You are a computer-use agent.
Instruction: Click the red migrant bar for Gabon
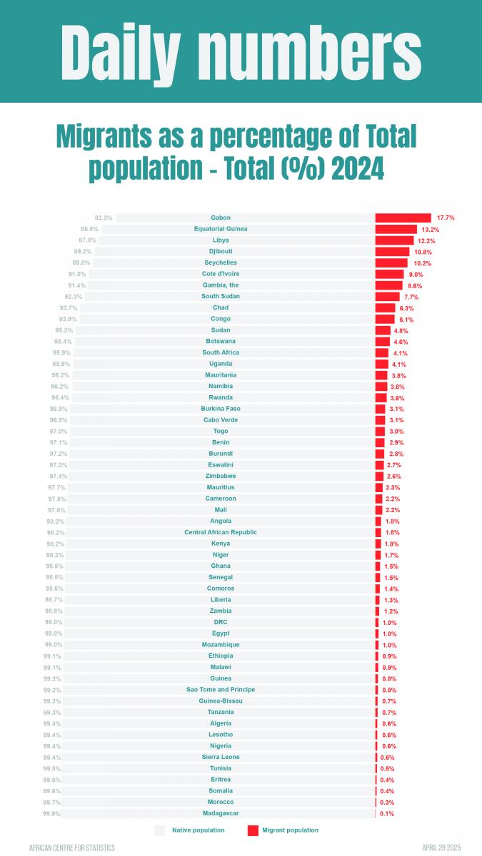(x=403, y=218)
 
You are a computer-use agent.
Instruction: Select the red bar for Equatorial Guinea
(x=396, y=229)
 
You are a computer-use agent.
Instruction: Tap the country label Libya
(x=221, y=240)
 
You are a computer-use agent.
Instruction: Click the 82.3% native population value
(x=104, y=218)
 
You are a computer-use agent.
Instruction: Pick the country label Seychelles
(x=221, y=263)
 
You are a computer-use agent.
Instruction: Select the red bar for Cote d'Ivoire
(x=389, y=274)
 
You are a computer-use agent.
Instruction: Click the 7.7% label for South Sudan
(x=411, y=297)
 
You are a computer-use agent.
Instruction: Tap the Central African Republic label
(x=221, y=532)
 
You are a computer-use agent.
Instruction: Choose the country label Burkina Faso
(x=221, y=409)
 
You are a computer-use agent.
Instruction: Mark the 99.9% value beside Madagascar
(x=51, y=813)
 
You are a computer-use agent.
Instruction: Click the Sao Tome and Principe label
(x=221, y=690)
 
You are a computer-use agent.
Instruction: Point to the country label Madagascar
(x=221, y=813)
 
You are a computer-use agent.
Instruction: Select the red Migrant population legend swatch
(x=253, y=830)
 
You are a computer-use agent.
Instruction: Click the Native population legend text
(x=198, y=830)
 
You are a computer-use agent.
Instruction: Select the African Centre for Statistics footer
(x=71, y=847)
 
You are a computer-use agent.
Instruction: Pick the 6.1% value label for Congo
(x=406, y=319)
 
